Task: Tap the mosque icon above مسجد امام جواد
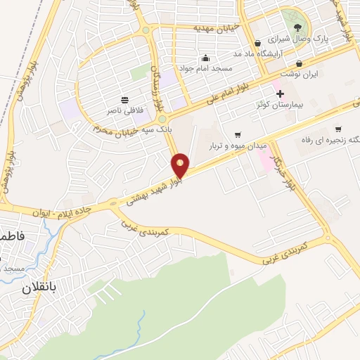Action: tap(205, 58)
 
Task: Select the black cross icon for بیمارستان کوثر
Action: tap(280, 94)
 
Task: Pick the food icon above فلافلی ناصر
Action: tap(124, 100)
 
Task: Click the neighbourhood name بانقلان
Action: tap(27, 288)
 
